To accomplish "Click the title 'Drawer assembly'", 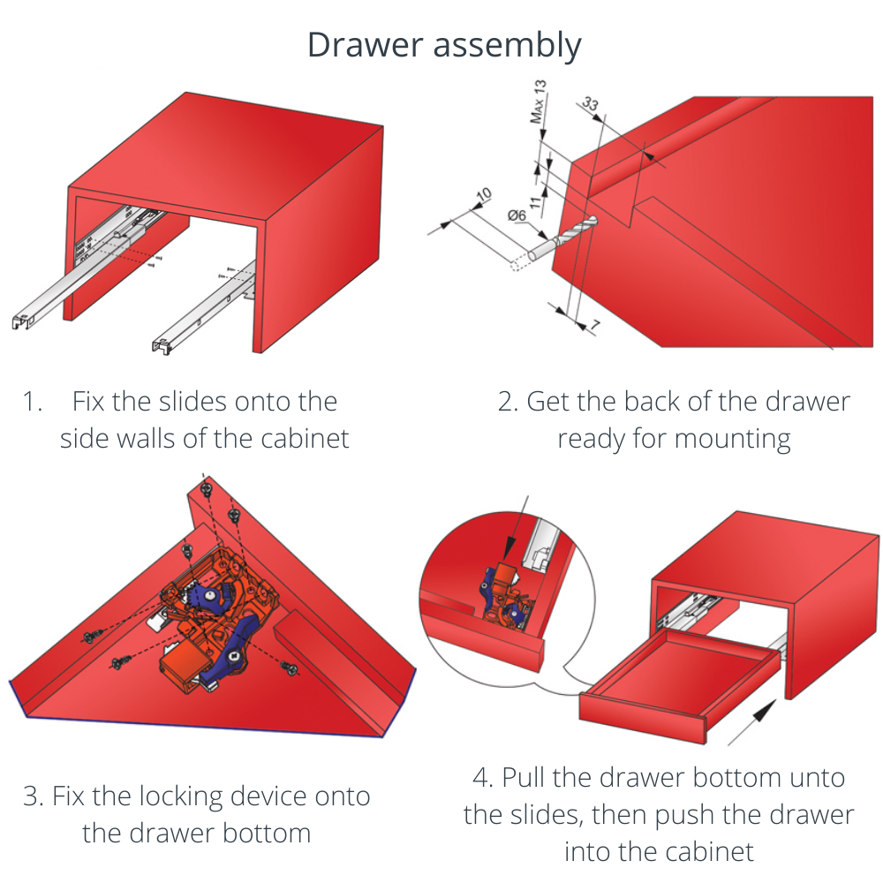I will coord(444,44).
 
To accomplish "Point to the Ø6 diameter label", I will coord(517,215).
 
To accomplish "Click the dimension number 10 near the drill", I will coord(483,197).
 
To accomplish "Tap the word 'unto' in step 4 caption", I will coord(817,778).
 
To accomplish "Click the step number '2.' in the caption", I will coord(508,402).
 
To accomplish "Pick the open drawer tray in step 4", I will coord(680,680).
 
